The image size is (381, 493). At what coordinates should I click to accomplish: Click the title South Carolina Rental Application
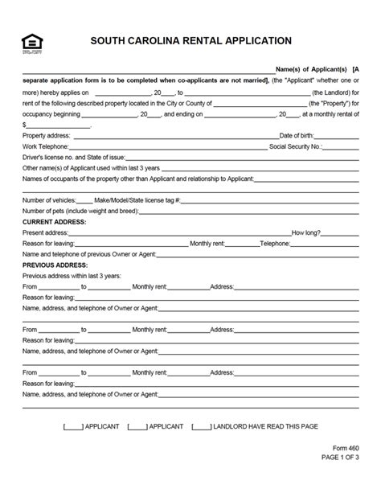tap(190, 40)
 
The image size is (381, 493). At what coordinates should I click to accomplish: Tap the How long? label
tap(306, 231)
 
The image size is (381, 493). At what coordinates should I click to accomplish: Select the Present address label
tap(46, 231)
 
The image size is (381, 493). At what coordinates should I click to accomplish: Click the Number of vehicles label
tap(49, 199)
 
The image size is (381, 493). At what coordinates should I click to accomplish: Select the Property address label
tap(47, 135)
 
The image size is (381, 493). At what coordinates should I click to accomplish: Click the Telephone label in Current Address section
tap(275, 242)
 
